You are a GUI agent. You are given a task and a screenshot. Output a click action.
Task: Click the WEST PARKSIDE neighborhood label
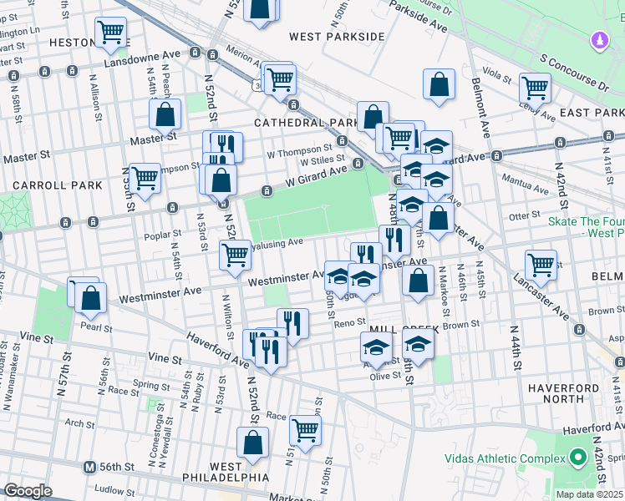click(337, 37)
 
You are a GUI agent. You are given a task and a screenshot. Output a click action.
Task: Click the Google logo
click(28, 491)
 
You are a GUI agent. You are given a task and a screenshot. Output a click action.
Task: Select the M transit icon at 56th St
click(88, 467)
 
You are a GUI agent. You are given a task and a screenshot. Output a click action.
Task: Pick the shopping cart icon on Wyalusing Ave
click(236, 255)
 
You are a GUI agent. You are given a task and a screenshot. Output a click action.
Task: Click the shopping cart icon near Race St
click(306, 430)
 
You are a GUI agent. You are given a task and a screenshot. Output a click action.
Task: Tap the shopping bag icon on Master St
click(165, 114)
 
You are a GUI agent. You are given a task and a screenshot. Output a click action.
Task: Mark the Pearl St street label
click(97, 327)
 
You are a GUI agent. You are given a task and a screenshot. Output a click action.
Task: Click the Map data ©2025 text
click(589, 494)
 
